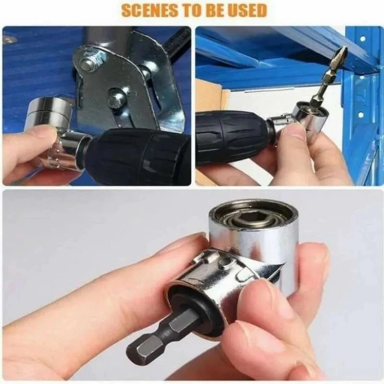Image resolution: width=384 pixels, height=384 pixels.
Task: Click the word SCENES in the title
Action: coord(144,10)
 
